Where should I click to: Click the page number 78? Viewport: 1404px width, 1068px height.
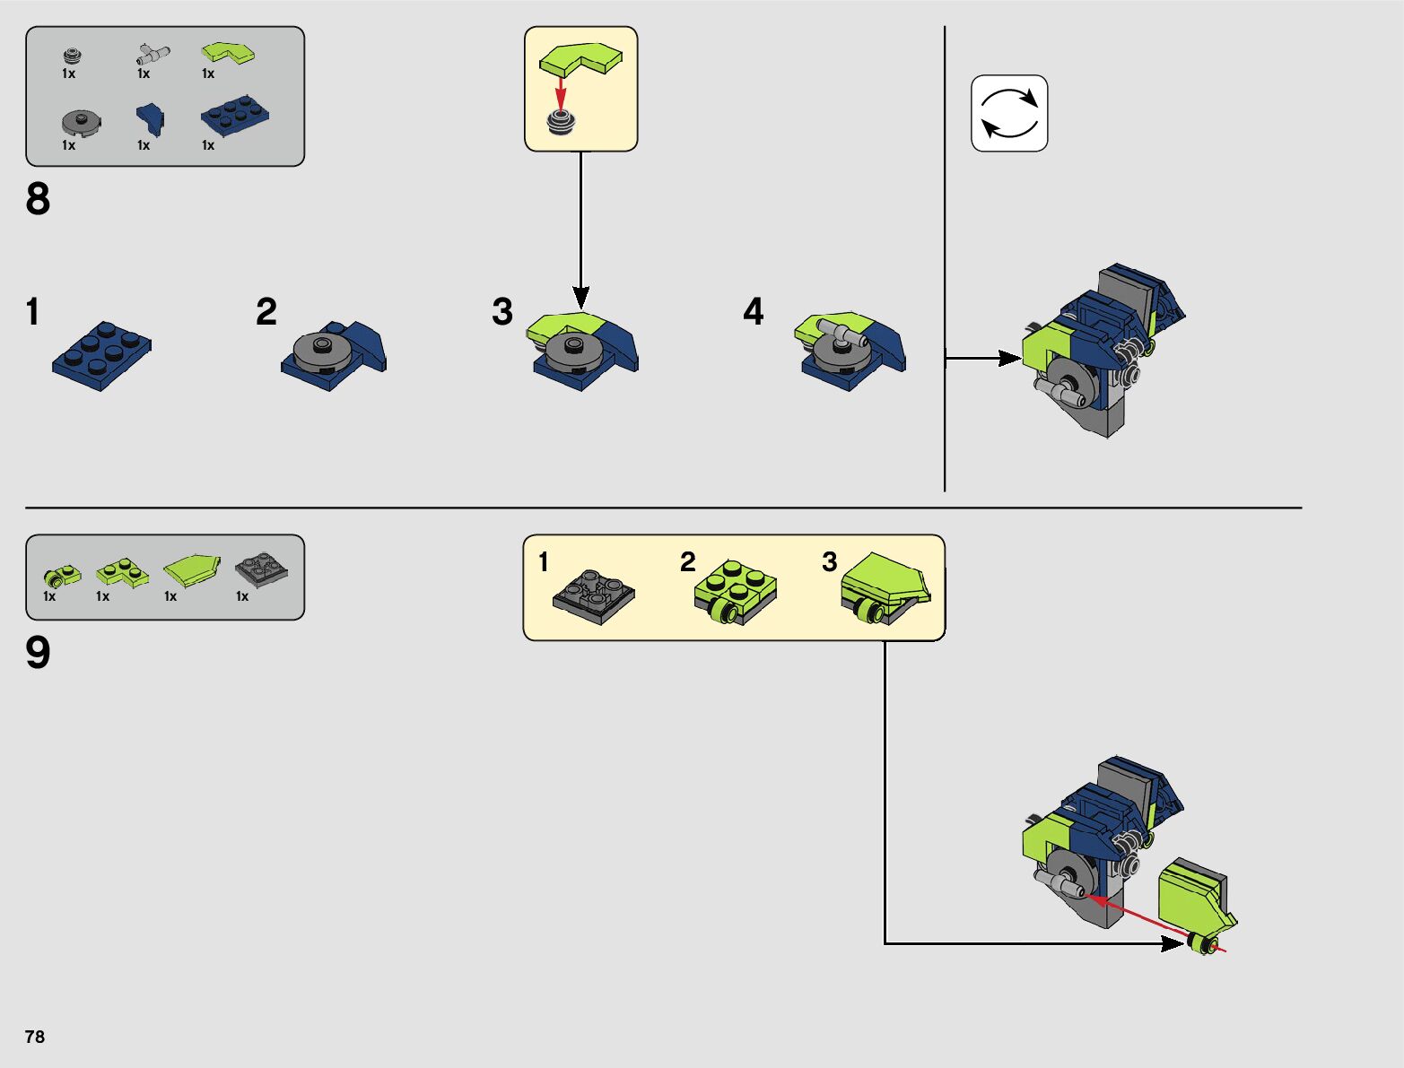[x=35, y=1037]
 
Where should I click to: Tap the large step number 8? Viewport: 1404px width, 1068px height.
[x=38, y=199]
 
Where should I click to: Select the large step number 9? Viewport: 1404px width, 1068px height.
[x=38, y=653]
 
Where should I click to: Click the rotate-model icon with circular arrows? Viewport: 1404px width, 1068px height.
[x=1009, y=113]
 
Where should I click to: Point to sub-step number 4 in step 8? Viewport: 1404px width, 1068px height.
[x=754, y=312]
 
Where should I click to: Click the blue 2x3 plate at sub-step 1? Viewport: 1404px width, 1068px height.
[x=101, y=354]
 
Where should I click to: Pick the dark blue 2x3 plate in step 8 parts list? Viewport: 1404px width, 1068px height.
[x=235, y=117]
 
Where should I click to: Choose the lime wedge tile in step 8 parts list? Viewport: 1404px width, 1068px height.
[x=228, y=54]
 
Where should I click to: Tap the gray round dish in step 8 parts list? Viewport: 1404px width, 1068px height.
[x=82, y=122]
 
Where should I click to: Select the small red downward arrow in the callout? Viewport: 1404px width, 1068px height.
[x=561, y=91]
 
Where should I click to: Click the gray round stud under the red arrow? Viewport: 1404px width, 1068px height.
[x=562, y=123]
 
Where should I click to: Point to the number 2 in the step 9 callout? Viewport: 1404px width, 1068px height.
[x=688, y=562]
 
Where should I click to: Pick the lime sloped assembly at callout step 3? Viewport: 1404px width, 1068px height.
[x=885, y=588]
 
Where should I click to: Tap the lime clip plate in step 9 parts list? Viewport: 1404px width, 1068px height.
[x=62, y=574]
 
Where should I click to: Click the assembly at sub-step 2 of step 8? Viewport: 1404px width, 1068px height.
[x=334, y=353]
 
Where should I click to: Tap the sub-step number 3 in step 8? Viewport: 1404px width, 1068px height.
[x=502, y=312]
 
